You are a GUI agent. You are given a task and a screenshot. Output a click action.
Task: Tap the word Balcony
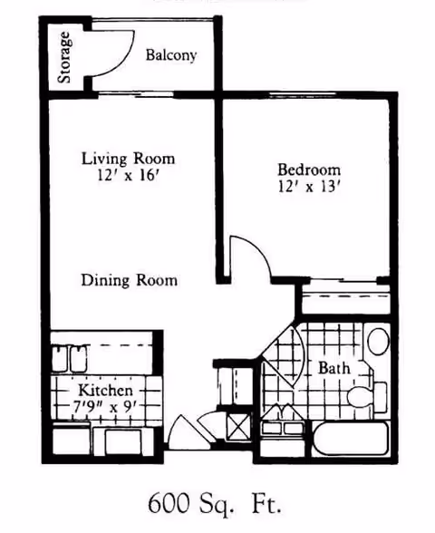(171, 55)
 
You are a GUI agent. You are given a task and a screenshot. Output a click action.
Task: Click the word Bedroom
(309, 170)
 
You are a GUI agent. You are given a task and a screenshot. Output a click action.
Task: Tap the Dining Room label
(128, 280)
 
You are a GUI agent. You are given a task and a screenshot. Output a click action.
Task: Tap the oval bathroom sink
(376, 343)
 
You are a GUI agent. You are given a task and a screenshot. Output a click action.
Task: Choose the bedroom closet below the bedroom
(345, 300)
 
